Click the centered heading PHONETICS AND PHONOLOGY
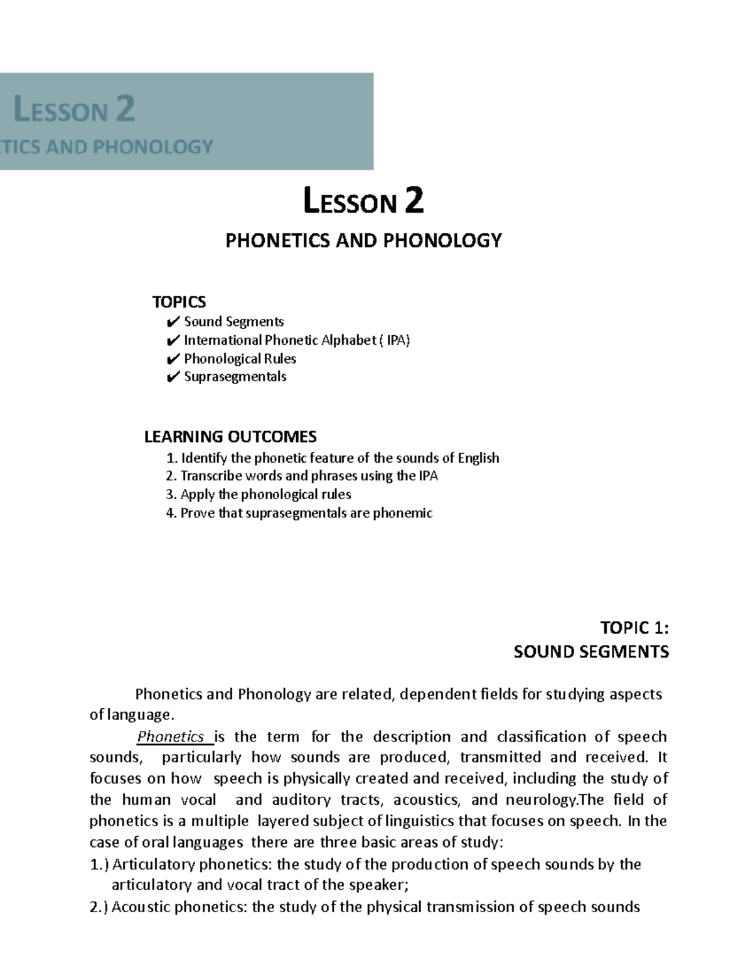364,240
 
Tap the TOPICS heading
179,302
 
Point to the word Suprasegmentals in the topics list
235,377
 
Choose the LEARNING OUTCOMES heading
230,436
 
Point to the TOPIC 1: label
634,628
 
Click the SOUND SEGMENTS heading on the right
591,652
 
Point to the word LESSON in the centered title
350,202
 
